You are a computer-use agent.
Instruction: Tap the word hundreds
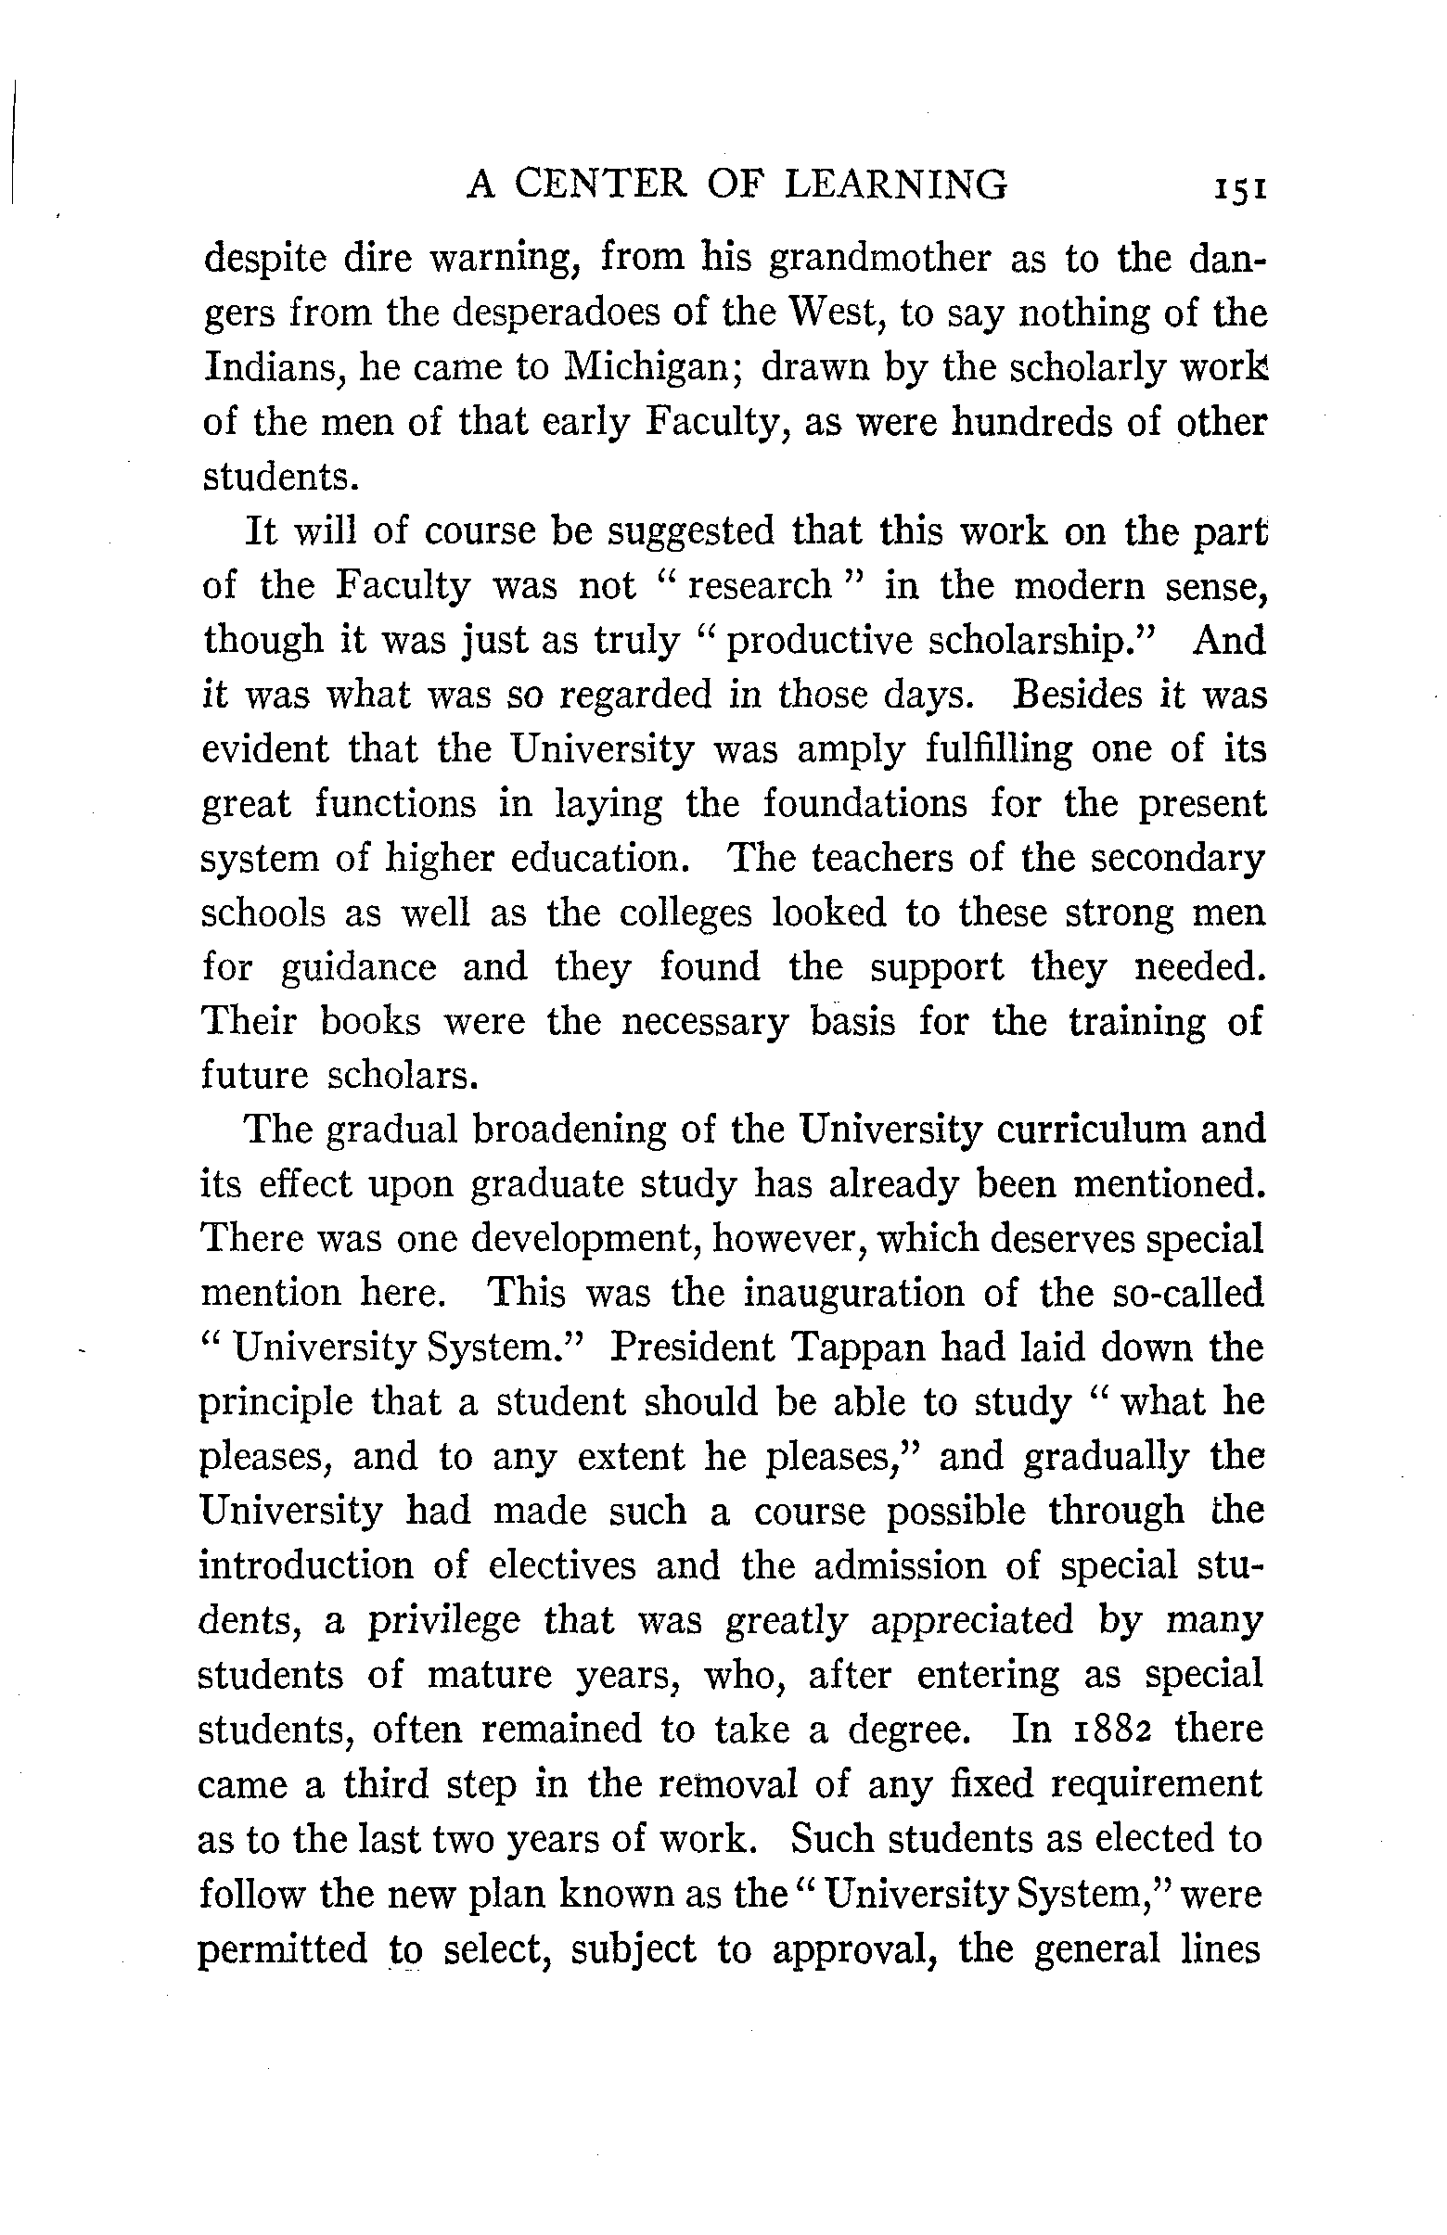click(x=1031, y=422)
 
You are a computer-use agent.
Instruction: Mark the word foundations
click(x=864, y=804)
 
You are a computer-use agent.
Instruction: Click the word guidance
click(x=359, y=967)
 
